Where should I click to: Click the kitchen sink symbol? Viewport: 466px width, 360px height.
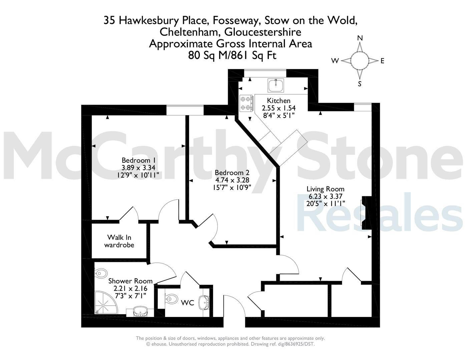pyautogui.click(x=276, y=85)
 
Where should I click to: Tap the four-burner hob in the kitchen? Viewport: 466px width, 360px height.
pyautogui.click(x=247, y=103)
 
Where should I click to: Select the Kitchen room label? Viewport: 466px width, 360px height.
pyautogui.click(x=279, y=101)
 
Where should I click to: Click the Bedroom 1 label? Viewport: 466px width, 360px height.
pyautogui.click(x=138, y=160)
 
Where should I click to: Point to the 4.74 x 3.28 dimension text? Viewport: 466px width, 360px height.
pyautogui.click(x=232, y=180)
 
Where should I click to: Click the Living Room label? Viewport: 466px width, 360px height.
pyautogui.click(x=325, y=189)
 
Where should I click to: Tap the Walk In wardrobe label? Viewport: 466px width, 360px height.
pyautogui.click(x=119, y=241)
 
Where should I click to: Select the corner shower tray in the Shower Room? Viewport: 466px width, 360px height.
pyautogui.click(x=106, y=302)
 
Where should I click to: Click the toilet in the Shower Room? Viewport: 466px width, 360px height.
pyautogui.click(x=101, y=273)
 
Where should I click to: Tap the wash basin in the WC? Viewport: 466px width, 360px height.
pyautogui.click(x=204, y=303)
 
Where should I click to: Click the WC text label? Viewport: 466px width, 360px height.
pyautogui.click(x=187, y=303)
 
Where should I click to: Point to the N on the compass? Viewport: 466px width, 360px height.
pyautogui.click(x=360, y=38)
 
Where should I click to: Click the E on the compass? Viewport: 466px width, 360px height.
pyautogui.click(x=382, y=61)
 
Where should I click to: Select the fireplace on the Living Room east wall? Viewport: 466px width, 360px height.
pyautogui.click(x=365, y=213)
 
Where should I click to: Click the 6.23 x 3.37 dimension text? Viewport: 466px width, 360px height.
pyautogui.click(x=325, y=196)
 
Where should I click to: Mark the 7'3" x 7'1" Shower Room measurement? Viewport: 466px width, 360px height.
pyautogui.click(x=130, y=296)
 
